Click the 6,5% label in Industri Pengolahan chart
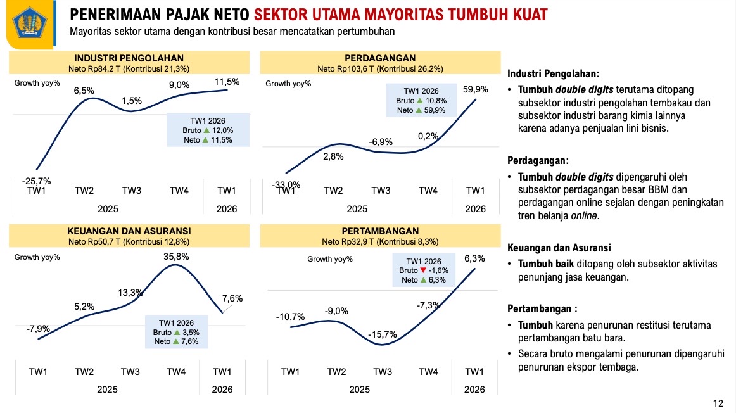(84, 91)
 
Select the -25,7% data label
(36, 181)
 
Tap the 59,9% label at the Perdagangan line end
(476, 89)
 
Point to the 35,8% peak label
(175, 257)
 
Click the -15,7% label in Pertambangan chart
(382, 334)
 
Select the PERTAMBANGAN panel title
(380, 231)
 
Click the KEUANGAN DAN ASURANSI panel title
(129, 231)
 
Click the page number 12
(718, 403)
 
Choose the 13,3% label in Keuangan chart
(130, 293)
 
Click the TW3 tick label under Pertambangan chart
(382, 371)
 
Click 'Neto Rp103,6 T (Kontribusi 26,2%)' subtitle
(380, 68)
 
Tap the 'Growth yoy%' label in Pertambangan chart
(330, 258)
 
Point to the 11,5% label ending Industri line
(227, 82)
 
